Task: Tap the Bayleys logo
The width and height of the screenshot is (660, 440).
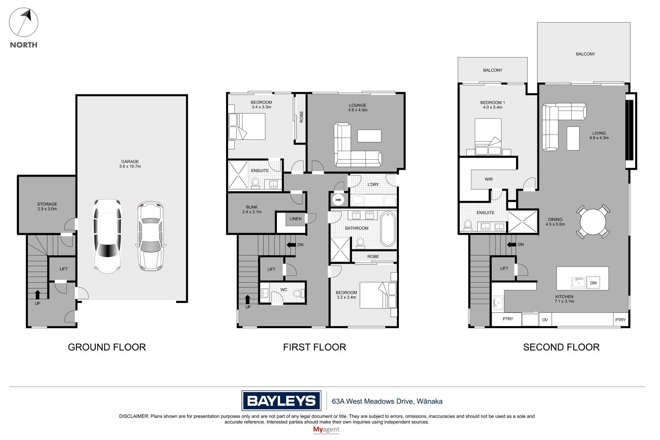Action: click(281, 400)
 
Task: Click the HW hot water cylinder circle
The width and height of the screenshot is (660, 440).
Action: click(338, 200)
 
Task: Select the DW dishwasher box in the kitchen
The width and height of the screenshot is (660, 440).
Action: click(593, 283)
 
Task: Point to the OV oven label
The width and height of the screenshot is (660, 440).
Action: click(545, 320)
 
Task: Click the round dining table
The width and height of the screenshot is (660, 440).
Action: click(593, 222)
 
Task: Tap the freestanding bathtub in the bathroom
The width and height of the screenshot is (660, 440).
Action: click(388, 229)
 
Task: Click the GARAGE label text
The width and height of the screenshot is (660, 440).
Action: click(130, 162)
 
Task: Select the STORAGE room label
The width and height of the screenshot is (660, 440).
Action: click(47, 204)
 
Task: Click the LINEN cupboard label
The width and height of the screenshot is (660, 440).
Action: click(295, 219)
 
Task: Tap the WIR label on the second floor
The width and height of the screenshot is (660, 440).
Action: click(488, 179)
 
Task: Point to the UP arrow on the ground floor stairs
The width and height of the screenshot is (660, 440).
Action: click(38, 294)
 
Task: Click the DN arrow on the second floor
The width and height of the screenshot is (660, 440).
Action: click(512, 244)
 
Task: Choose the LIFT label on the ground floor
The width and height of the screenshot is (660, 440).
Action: click(64, 269)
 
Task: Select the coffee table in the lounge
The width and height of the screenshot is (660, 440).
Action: click(369, 136)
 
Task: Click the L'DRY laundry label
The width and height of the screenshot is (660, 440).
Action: click(373, 185)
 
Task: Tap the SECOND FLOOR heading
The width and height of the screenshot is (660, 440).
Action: click(561, 347)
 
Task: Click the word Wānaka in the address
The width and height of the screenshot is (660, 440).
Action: click(429, 401)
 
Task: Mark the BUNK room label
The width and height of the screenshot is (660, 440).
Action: click(252, 207)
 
